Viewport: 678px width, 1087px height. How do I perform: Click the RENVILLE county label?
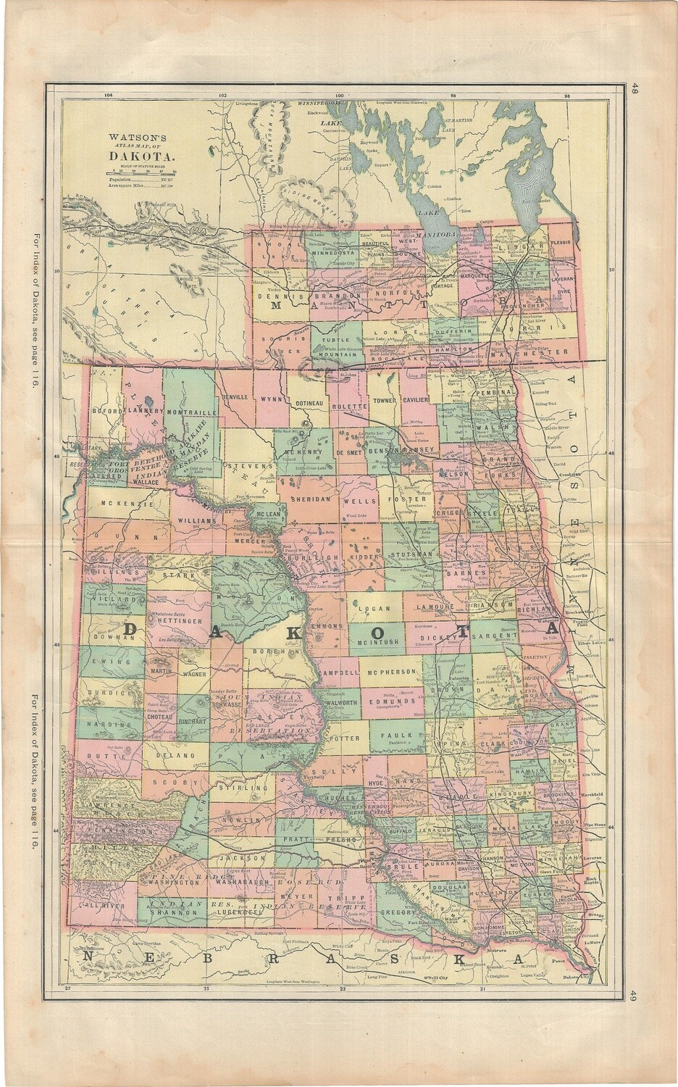point(235,398)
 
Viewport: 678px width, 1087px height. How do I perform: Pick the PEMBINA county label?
point(494,392)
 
